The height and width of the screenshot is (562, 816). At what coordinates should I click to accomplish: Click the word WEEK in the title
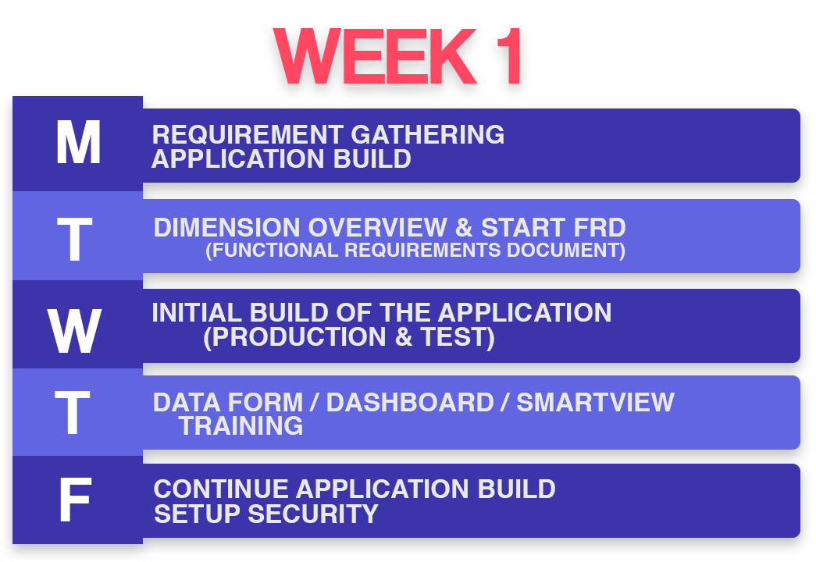point(375,55)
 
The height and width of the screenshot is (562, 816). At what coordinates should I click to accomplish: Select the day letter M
point(78,142)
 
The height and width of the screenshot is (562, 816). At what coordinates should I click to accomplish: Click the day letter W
point(74,330)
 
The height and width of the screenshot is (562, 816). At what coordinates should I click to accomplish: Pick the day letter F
point(75,500)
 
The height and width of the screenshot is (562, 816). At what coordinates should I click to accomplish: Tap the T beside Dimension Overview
point(74,239)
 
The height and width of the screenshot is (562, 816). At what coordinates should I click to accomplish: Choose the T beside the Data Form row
point(73,413)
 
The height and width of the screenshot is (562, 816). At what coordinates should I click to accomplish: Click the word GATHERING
point(427,134)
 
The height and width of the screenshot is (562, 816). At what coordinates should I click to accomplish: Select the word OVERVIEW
point(377,227)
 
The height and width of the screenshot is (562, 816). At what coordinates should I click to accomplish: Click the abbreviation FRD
point(600,227)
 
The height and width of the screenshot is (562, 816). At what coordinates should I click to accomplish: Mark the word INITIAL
point(196,313)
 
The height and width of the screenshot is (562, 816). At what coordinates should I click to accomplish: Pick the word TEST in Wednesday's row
point(453,336)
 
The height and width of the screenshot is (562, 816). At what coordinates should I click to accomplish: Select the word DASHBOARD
point(410,402)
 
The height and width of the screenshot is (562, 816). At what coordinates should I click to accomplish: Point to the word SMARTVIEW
point(595,402)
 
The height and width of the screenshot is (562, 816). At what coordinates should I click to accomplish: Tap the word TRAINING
point(241,425)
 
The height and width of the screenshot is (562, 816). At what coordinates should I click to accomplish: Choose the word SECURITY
point(313,514)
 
